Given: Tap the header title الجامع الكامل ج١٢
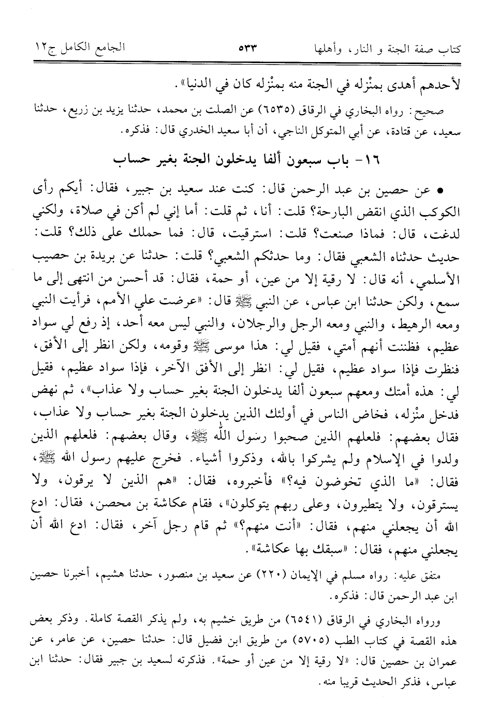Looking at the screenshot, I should coord(79,50).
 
